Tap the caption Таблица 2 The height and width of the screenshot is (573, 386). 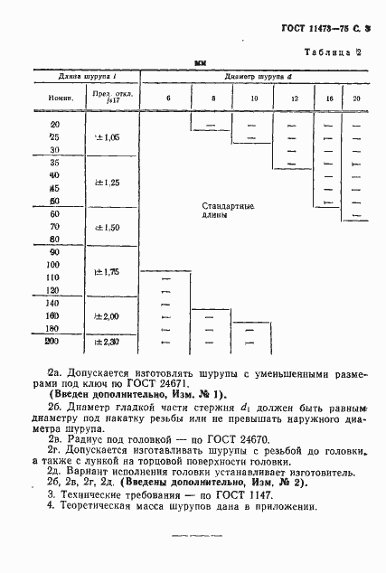pos(333,52)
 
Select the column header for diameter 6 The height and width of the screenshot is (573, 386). pos(167,97)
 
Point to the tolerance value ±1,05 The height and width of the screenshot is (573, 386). pos(108,136)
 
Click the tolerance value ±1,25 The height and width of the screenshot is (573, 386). pos(108,183)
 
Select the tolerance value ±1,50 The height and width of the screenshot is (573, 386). pos(108,229)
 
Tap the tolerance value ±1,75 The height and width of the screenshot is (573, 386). pos(108,271)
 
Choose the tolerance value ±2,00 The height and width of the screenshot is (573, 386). pos(108,316)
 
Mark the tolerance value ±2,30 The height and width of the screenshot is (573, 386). pos(108,342)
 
